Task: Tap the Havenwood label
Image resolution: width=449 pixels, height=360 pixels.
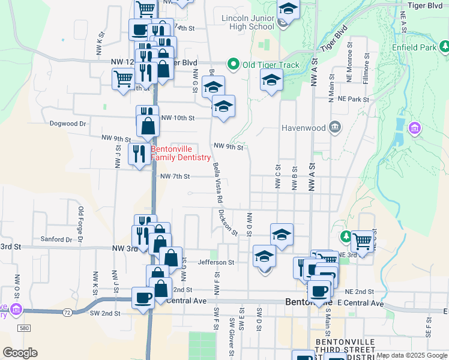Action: click(304, 128)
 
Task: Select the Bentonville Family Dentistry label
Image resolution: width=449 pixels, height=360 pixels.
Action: click(181, 153)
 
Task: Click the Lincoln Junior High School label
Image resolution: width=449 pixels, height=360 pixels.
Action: click(247, 22)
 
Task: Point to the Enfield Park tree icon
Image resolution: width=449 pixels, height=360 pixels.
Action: click(444, 46)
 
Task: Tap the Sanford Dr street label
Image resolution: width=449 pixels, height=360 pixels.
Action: click(56, 239)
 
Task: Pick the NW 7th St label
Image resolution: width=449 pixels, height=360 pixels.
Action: click(175, 176)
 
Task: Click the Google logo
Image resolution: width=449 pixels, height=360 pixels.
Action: click(20, 353)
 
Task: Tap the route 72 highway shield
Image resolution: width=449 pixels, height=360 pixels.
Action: click(67, 313)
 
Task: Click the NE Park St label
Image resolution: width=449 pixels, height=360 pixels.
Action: click(352, 98)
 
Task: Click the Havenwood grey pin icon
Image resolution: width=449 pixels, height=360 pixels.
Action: click(335, 127)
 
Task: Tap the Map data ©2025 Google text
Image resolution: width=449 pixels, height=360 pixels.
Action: click(411, 355)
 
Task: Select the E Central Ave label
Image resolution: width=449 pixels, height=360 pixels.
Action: click(359, 304)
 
